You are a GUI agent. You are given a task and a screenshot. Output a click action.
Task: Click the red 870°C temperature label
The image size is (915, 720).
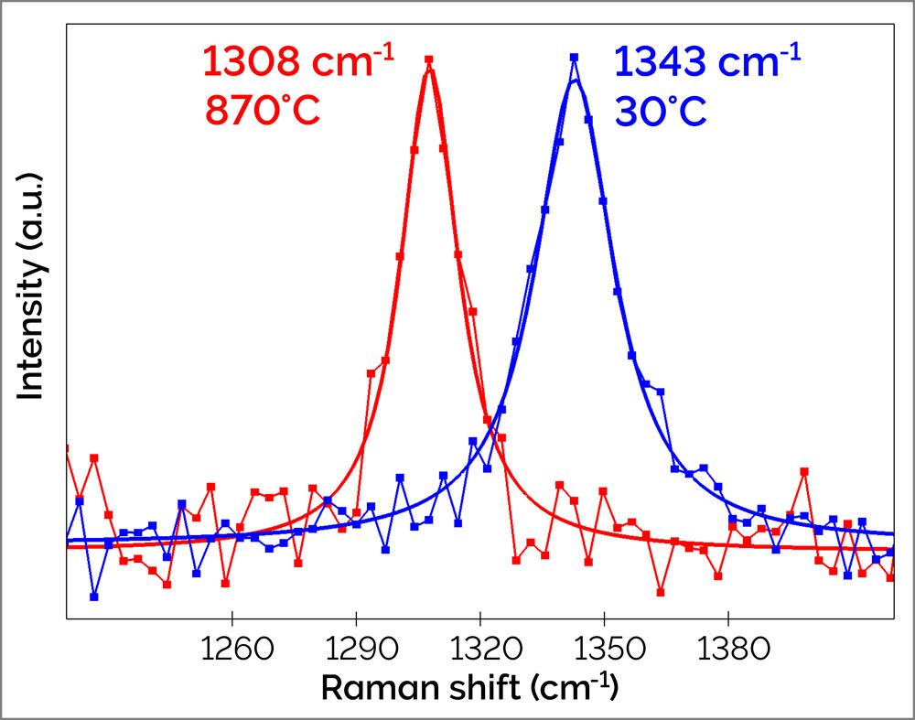point(263,113)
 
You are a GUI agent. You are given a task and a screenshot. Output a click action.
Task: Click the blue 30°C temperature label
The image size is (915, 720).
point(661,113)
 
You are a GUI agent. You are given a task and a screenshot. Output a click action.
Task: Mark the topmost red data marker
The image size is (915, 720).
point(428,59)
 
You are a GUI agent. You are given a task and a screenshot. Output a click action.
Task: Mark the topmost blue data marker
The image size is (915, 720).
point(574,57)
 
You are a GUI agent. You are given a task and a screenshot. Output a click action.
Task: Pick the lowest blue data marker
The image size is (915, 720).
point(94,596)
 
